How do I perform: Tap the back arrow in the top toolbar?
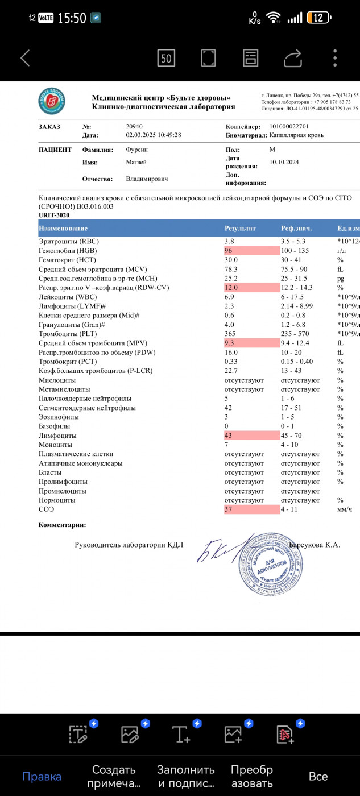pos(25,57)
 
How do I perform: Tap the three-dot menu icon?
pos(336,57)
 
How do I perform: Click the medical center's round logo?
pos(52,102)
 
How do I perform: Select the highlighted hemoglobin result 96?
pos(230,251)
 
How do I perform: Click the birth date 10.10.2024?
pos(284,162)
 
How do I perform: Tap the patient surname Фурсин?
pos(137,150)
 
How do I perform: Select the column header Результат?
pos(240,229)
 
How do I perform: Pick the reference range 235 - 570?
pos(296,334)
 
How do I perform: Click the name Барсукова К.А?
pos(315,545)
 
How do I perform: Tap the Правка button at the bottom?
pos(42,777)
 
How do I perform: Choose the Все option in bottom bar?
pos(318,777)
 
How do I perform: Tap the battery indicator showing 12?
pos(318,18)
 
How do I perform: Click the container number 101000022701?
pos(289,126)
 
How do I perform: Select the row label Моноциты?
pos(55,445)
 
